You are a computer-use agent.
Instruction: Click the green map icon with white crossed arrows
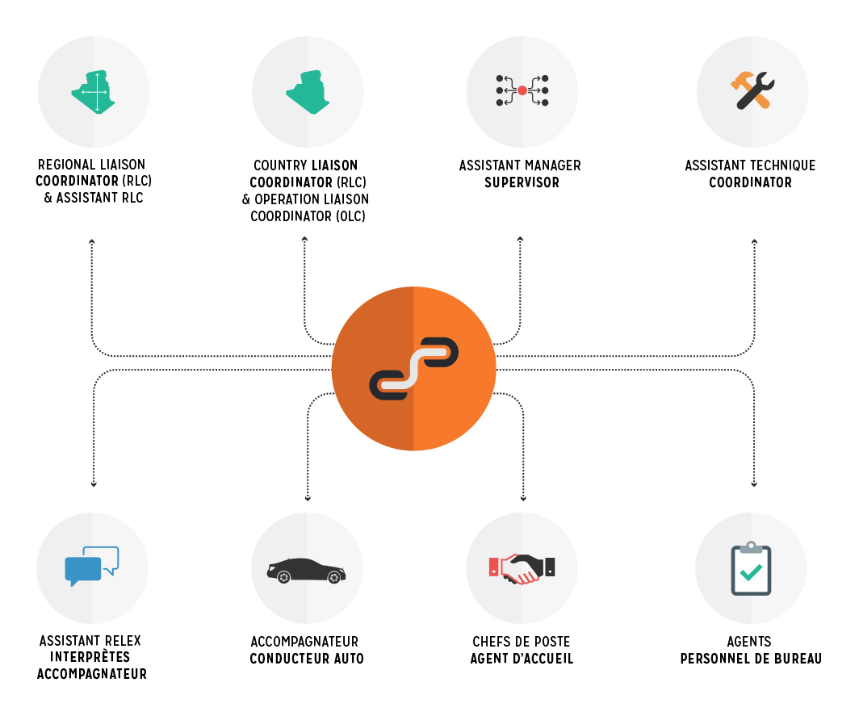(94, 93)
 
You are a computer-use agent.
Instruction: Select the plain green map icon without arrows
(308, 93)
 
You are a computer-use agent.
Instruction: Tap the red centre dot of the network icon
(522, 90)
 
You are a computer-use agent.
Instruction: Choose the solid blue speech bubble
(82, 570)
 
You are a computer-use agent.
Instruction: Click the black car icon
(306, 570)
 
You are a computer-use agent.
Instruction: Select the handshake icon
(522, 568)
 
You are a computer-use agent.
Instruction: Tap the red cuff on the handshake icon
(494, 567)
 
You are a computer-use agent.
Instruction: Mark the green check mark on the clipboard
(751, 572)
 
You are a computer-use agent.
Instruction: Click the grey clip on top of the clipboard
(751, 547)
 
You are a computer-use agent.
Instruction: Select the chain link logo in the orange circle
(413, 369)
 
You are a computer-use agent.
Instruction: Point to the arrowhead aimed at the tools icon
(754, 241)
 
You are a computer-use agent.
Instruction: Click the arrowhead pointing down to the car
(308, 498)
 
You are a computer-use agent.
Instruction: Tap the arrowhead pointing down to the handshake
(523, 498)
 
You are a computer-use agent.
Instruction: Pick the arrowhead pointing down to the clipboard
(753, 484)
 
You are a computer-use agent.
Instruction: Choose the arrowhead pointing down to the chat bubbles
(94, 484)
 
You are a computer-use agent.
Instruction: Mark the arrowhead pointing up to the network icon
(520, 239)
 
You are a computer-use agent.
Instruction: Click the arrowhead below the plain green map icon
(304, 239)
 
